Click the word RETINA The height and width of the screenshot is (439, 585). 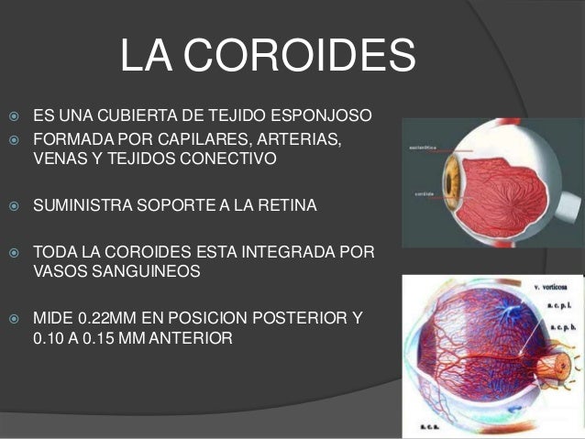click(289, 204)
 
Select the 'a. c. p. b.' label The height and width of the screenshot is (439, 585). click(560, 326)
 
